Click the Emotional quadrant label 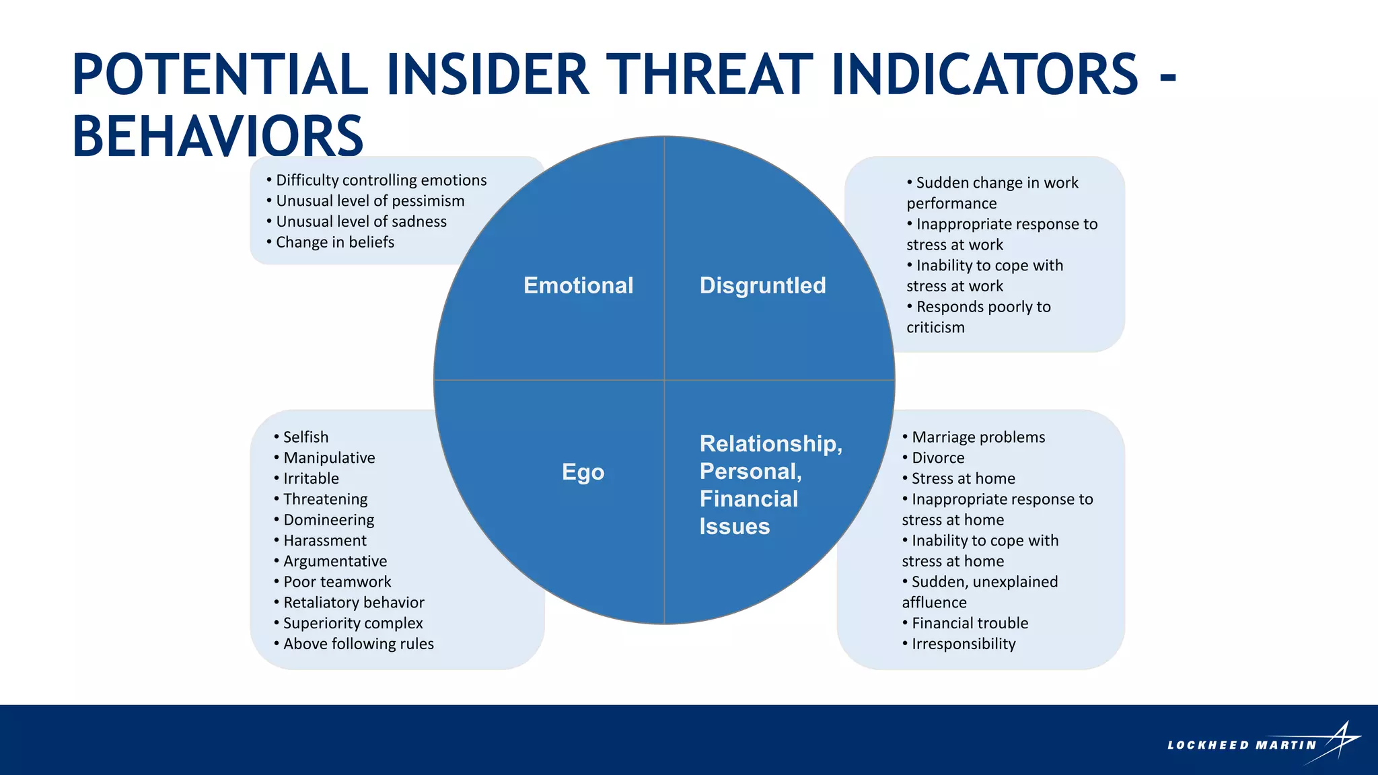click(578, 285)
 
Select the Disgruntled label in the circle click(762, 285)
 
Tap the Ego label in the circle click(583, 472)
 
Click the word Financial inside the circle click(748, 499)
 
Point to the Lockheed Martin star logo click(1341, 742)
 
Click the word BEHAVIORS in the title click(217, 137)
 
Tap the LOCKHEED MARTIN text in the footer click(1241, 745)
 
